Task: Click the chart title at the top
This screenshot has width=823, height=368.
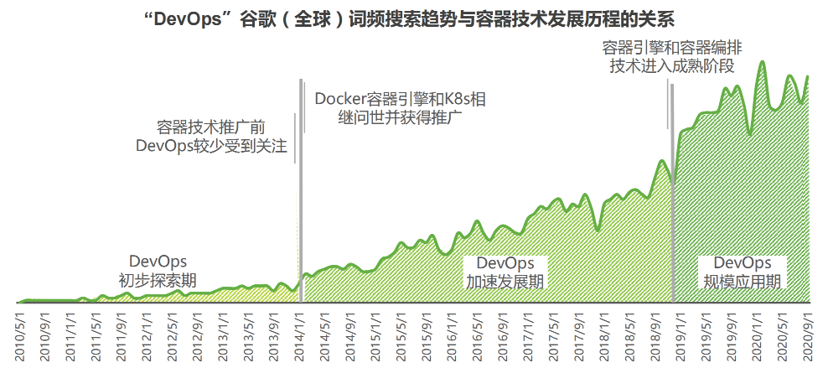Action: pyautogui.click(x=411, y=19)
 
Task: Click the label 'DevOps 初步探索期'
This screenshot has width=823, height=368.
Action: pyautogui.click(x=158, y=269)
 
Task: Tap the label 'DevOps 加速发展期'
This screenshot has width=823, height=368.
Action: pyautogui.click(x=505, y=272)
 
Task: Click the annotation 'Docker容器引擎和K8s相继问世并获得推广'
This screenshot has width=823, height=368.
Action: pyautogui.click(x=400, y=108)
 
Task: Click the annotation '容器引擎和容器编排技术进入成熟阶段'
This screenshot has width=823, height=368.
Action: pyautogui.click(x=671, y=57)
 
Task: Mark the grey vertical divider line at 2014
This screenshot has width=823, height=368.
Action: pyautogui.click(x=300, y=184)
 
